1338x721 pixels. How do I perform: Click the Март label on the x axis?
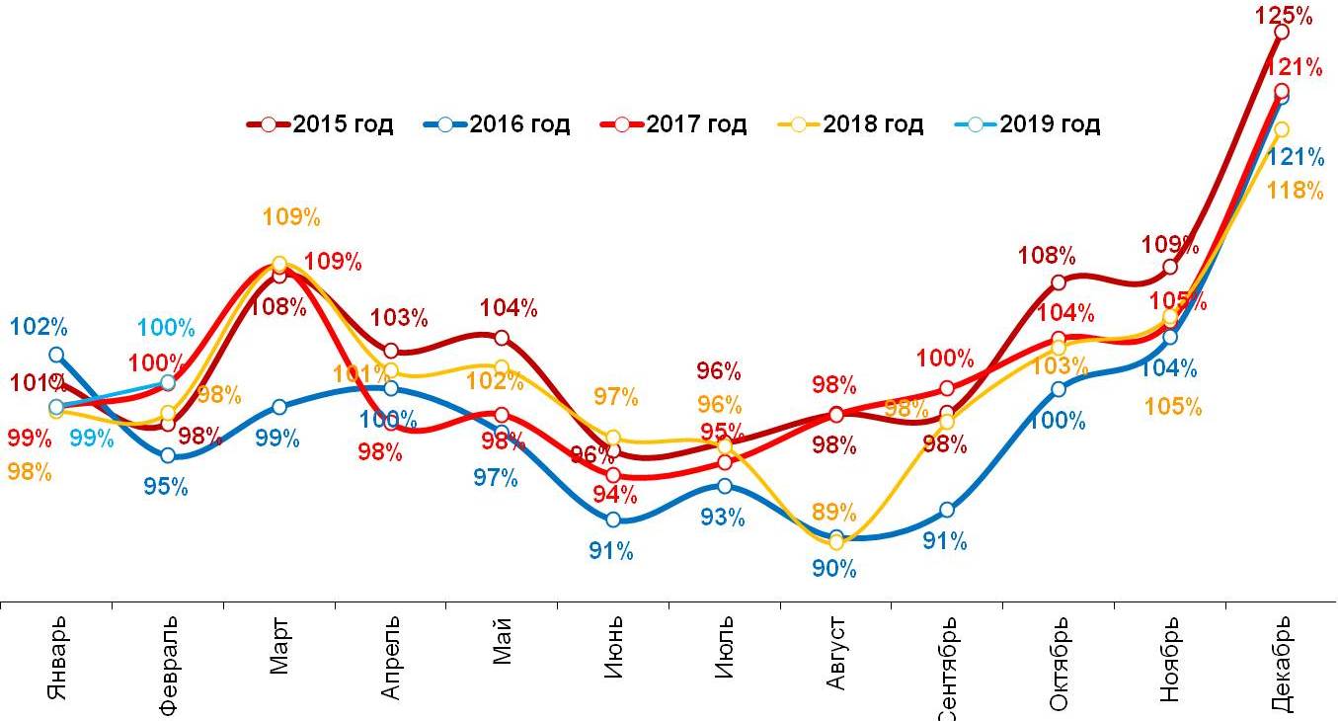279,647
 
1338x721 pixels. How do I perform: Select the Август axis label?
837,653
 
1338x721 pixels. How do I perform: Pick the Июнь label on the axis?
613,647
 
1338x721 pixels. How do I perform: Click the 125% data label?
1284,16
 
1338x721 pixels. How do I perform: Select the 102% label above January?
39,327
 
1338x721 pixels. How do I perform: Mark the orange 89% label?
834,512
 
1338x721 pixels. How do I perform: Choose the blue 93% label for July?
723,517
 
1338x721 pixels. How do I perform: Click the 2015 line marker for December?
1281,33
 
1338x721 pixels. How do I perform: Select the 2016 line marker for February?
168,455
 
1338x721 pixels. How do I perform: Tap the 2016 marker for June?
613,520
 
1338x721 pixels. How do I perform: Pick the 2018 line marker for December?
1281,129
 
